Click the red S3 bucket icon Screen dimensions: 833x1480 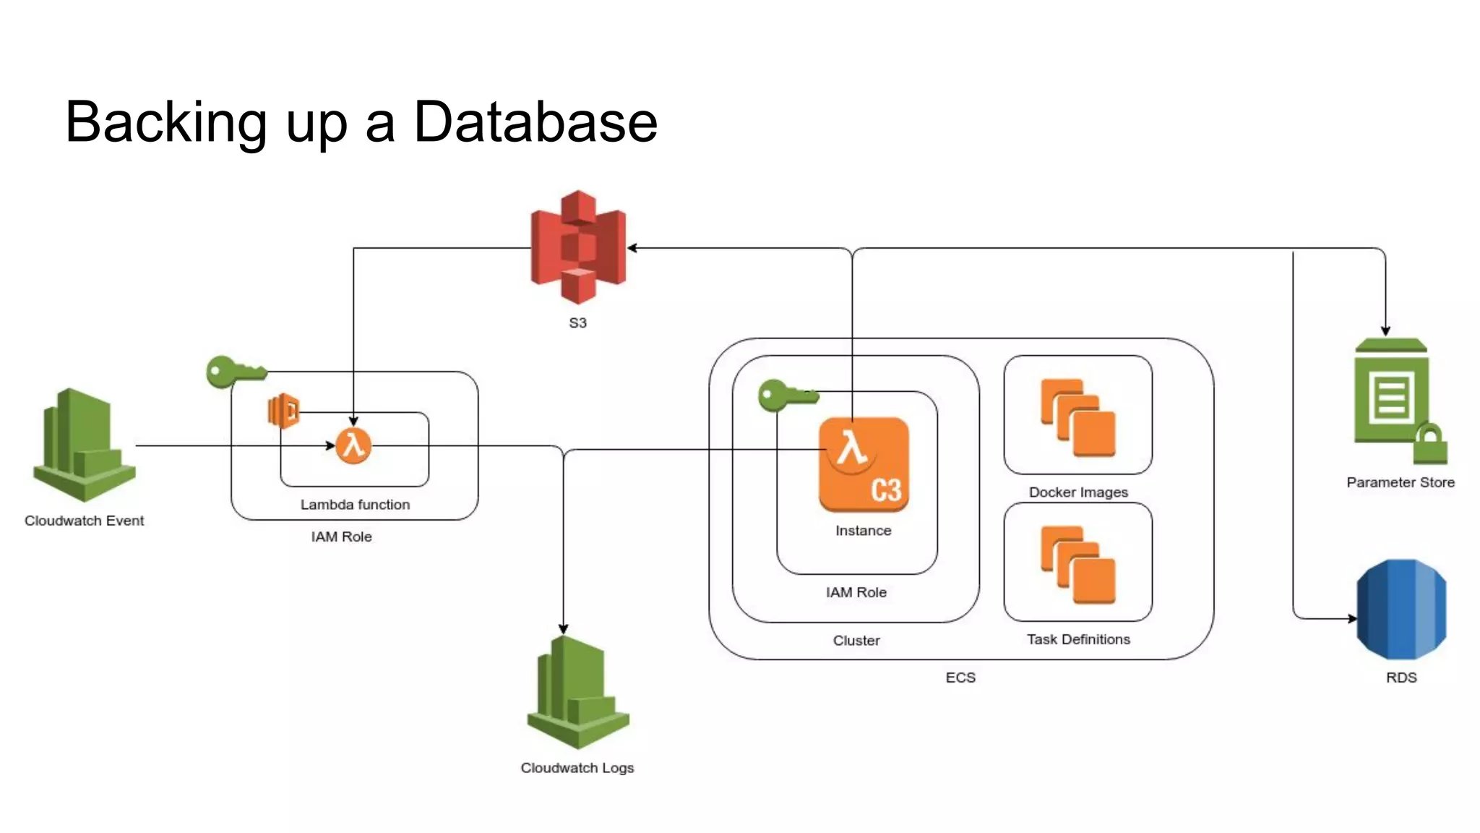tap(578, 247)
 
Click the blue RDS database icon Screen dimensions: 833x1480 tap(1401, 609)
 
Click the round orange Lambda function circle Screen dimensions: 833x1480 tap(353, 445)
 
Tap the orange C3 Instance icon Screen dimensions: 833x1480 tap(864, 465)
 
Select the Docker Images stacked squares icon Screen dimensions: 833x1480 tap(1078, 418)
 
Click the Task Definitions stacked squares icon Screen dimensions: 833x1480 tap(1078, 565)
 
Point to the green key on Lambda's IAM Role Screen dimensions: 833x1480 tap(233, 372)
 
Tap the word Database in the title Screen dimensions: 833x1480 tap(535, 121)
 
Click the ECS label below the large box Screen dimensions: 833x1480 tap(960, 678)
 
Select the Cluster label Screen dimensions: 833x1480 tap(856, 641)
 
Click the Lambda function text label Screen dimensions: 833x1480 tap(355, 505)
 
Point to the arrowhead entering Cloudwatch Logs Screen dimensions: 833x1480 tap(564, 629)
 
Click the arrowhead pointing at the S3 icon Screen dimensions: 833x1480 tap(632, 248)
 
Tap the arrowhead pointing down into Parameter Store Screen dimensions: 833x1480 tap(1385, 330)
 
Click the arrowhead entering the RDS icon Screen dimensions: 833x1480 tap(1352, 618)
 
